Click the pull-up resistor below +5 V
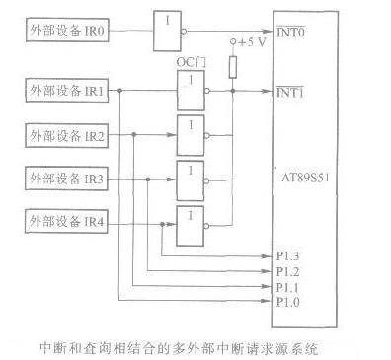point(234,67)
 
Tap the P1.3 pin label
point(287,256)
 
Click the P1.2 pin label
point(287,270)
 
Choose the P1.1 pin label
point(287,285)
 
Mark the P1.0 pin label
point(287,300)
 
